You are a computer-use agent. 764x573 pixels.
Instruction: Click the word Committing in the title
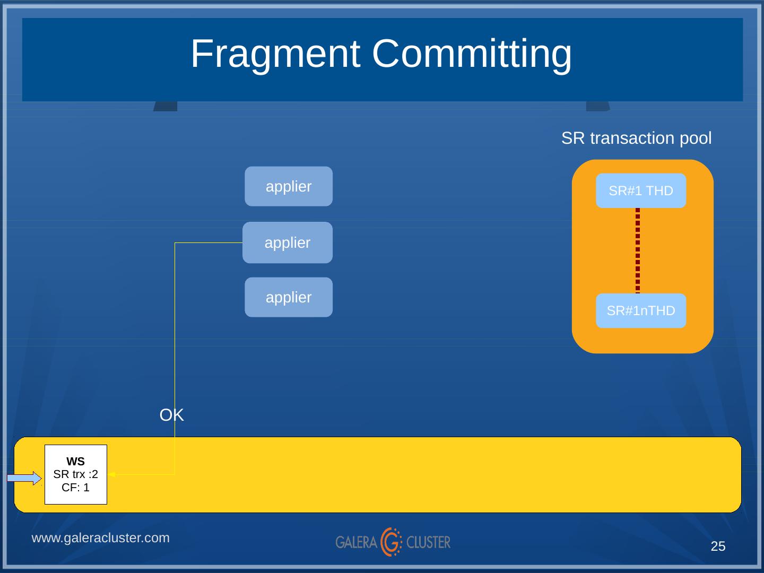point(472,54)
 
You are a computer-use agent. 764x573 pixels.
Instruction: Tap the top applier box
point(289,187)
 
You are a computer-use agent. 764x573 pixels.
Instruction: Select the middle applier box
point(288,242)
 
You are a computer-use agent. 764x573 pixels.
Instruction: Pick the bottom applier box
point(289,298)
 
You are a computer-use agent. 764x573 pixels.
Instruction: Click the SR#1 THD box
point(640,191)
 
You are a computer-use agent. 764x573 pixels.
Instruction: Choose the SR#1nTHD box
point(640,311)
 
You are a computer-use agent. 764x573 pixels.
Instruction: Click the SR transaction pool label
point(636,138)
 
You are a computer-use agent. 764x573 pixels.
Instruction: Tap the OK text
point(171,415)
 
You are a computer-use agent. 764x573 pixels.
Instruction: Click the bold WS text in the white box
point(76,462)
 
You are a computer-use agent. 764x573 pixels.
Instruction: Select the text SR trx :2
point(76,474)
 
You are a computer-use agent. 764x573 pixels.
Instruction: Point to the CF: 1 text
point(76,487)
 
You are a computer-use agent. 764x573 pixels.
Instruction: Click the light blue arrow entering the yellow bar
point(24,479)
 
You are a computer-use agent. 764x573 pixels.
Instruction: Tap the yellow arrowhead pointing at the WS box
point(113,475)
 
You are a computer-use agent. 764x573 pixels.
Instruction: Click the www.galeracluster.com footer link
point(101,538)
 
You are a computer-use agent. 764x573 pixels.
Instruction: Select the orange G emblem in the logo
point(392,542)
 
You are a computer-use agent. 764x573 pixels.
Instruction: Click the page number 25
point(718,546)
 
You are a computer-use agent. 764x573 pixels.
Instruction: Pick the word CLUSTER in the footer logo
point(428,542)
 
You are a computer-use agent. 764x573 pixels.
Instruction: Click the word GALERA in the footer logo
point(356,542)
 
